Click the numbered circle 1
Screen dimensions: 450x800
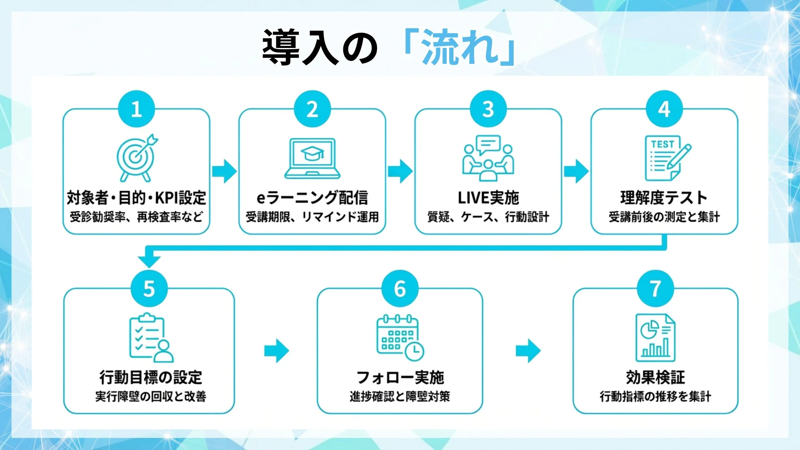click(x=136, y=109)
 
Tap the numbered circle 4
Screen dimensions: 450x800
click(x=664, y=109)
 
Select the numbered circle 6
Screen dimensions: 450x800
click(x=400, y=288)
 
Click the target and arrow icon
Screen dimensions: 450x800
click(x=136, y=157)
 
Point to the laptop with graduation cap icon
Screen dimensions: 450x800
click(x=312, y=158)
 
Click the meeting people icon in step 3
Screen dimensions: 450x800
click(x=488, y=158)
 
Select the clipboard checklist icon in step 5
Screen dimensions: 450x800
click(x=150, y=338)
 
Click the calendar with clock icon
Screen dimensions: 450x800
click(x=400, y=337)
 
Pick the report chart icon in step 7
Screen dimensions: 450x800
click(x=655, y=337)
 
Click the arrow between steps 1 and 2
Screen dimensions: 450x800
click(x=224, y=171)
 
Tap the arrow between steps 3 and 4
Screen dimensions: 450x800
click(x=576, y=171)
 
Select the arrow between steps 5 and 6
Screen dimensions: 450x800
click(x=277, y=351)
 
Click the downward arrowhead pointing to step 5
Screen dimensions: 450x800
click(x=149, y=261)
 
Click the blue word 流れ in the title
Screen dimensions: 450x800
click(x=460, y=47)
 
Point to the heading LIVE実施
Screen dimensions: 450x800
click(x=488, y=197)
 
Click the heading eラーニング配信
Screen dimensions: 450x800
click(x=312, y=197)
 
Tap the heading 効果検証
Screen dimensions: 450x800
click(x=655, y=377)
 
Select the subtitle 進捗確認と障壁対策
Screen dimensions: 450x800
click(x=400, y=396)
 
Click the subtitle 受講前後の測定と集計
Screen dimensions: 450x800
click(x=664, y=217)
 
